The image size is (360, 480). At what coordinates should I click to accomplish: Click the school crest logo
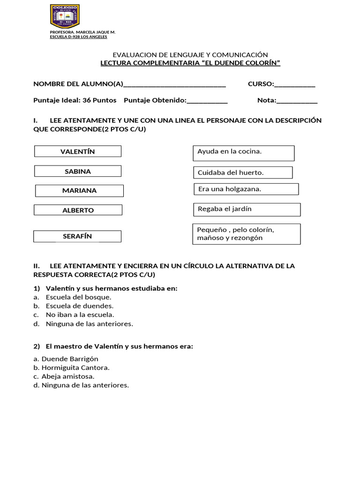coord(65,16)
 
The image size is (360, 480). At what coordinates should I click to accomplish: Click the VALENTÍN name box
coord(78,151)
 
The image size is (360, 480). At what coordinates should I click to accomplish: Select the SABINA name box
coord(78,171)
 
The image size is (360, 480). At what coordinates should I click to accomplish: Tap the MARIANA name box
coord(79,191)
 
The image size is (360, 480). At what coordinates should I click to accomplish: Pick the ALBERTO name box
coord(78,210)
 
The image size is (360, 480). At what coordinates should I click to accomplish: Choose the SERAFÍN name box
coord(77,236)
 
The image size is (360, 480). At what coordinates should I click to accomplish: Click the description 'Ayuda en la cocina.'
coord(243,153)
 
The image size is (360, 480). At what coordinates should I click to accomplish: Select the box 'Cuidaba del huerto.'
coord(242,172)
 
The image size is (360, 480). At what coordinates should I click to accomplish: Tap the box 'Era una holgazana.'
coord(246,189)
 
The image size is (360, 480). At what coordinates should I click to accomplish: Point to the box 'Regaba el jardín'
coord(247,209)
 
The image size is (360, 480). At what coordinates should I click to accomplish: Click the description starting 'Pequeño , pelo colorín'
coord(247,234)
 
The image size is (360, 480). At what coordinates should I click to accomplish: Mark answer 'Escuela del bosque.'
coord(78,297)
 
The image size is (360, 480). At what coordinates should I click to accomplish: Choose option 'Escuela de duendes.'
coord(79,306)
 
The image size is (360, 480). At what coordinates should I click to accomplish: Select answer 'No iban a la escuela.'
coord(80,315)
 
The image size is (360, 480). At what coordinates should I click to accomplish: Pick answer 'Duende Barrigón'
coord(69,359)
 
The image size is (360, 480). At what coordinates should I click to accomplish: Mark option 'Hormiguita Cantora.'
coord(75,367)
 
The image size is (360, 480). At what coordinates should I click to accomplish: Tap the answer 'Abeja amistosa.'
coord(67,376)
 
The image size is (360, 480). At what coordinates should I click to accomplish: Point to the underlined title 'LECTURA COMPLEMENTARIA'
coord(191,63)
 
